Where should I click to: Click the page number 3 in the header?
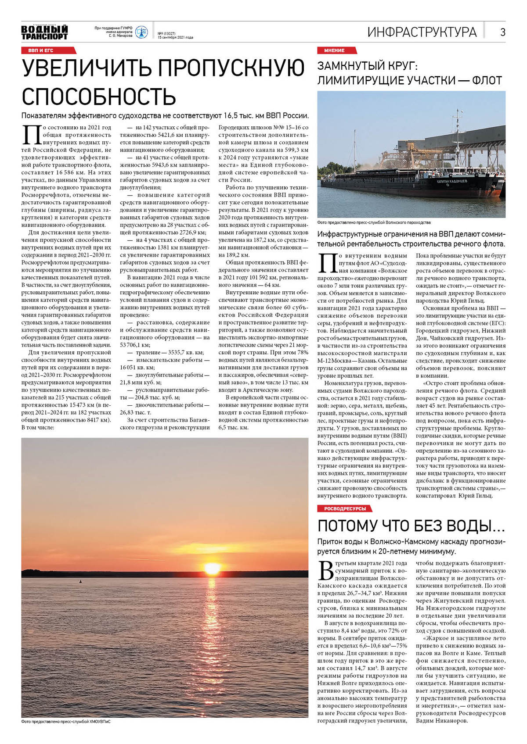tap(502, 32)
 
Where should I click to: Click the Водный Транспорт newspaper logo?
tap(44, 32)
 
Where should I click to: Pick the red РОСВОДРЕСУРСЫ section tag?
tap(344, 508)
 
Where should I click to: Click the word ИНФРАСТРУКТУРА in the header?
tap(422, 32)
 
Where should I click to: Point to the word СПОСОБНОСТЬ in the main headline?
tap(99, 97)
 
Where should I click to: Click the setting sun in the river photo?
tap(212, 569)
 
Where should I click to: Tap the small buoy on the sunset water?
tap(80, 582)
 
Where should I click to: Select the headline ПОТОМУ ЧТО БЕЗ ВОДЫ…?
tap(411, 525)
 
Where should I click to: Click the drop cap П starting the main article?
tap(31, 135)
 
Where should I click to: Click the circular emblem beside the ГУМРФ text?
tap(141, 32)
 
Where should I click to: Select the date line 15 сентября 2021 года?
tap(175, 38)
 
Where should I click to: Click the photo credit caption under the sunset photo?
tap(66, 722)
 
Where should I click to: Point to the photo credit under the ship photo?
tap(374, 222)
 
